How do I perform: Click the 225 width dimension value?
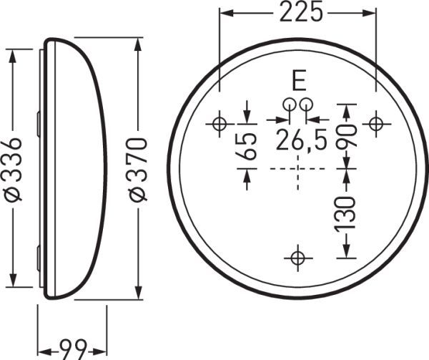point(298,12)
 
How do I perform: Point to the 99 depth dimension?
point(71,350)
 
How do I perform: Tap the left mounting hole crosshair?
point(219,124)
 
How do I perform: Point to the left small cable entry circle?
point(289,103)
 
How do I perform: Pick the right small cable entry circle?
point(305,103)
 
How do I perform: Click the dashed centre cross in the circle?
point(297,169)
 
